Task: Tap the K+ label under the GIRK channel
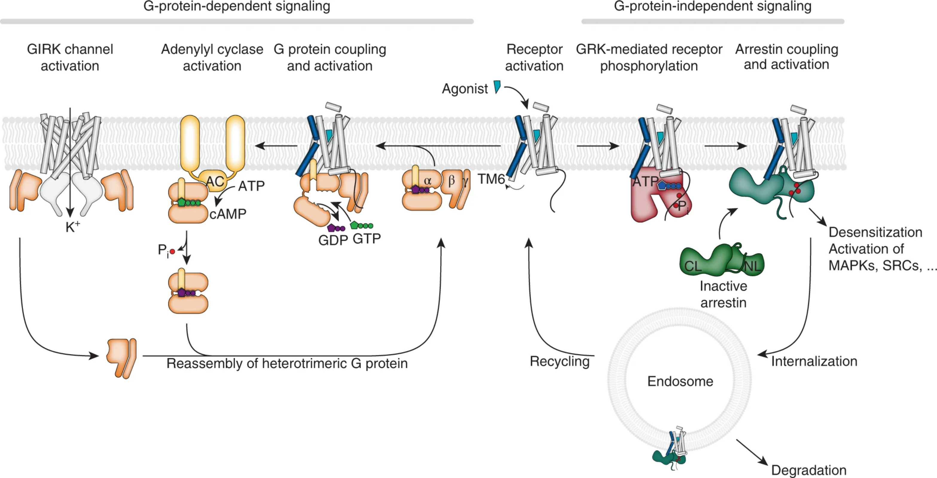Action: [72, 227]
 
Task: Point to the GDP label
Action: [333, 240]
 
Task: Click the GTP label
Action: [367, 239]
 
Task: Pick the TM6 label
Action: [491, 179]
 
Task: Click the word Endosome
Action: [680, 381]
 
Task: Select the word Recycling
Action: [559, 361]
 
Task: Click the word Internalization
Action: [814, 361]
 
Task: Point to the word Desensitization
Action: [875, 232]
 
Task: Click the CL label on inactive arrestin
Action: [693, 266]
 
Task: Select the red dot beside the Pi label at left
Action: [173, 251]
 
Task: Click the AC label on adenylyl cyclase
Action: [215, 181]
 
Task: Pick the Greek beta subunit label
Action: [451, 180]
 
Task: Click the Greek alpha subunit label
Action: [428, 181]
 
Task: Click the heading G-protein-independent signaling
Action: [712, 6]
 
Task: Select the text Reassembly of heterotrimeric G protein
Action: [287, 364]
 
